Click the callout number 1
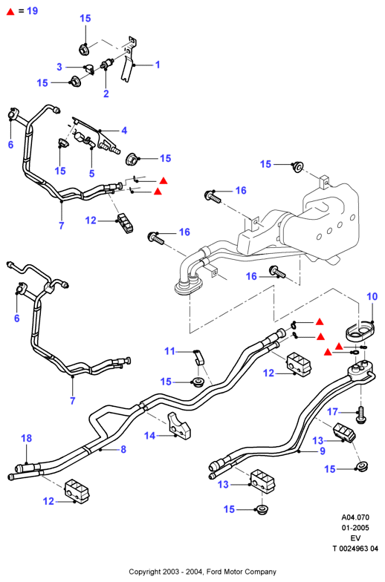[x=158, y=65]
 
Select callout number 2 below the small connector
[x=106, y=94]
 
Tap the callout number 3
[x=59, y=67]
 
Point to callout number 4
[x=124, y=131]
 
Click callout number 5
[x=92, y=173]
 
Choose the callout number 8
[x=123, y=449]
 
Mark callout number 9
[x=323, y=451]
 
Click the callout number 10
[x=372, y=296]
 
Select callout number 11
[x=169, y=350]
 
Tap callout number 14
[x=150, y=435]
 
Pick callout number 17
[x=333, y=411]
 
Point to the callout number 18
[x=27, y=438]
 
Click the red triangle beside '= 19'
[x=10, y=12]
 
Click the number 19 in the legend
[x=33, y=10]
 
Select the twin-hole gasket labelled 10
[x=358, y=331]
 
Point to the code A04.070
[x=355, y=517]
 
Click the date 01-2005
[x=355, y=527]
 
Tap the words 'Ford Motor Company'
[x=241, y=572]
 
